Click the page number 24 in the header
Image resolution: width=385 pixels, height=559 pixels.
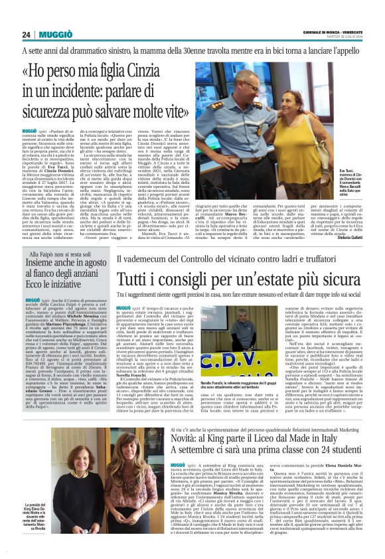[26, 35]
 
